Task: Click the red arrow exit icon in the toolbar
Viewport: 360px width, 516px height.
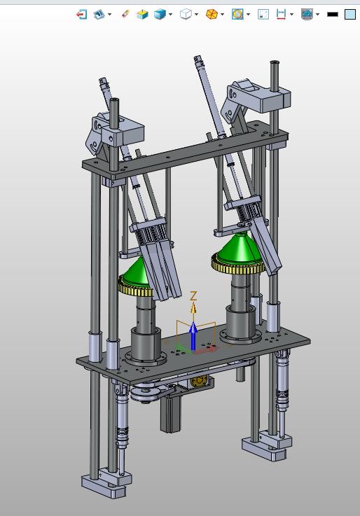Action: tap(81, 14)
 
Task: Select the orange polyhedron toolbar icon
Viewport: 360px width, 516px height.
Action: tap(212, 14)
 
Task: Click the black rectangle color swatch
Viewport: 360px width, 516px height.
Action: tap(333, 15)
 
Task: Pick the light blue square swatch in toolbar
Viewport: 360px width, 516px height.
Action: tap(350, 15)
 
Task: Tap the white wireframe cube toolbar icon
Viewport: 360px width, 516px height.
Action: tap(186, 14)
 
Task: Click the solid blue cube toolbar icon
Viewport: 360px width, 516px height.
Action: tap(160, 14)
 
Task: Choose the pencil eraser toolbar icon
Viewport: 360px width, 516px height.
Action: tap(125, 14)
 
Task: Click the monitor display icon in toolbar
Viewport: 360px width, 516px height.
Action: tap(307, 14)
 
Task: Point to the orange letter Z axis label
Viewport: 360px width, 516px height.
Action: tap(193, 295)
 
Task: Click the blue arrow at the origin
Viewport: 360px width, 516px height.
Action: tap(193, 335)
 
